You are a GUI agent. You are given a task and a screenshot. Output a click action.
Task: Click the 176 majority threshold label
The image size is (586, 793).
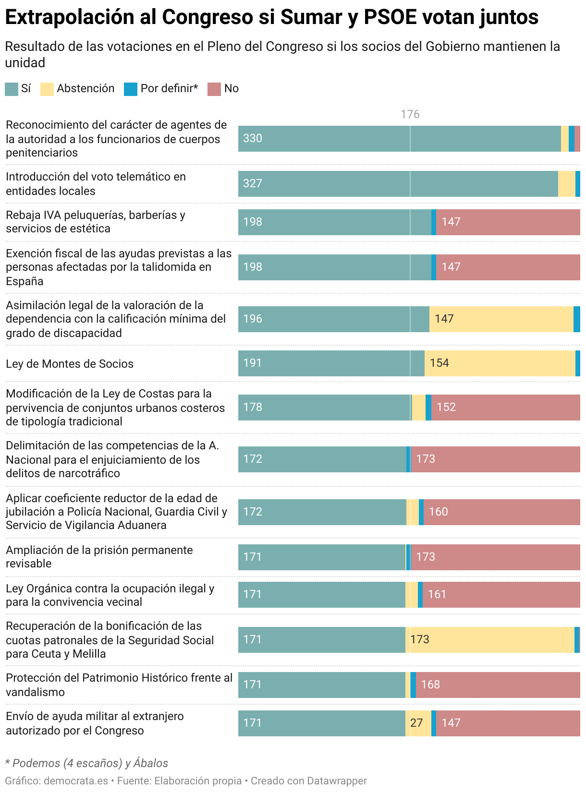click(x=410, y=114)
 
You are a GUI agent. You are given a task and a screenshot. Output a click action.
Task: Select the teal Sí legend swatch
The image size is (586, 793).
click(x=12, y=89)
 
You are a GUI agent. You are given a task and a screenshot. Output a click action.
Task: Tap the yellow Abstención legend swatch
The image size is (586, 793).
click(x=47, y=89)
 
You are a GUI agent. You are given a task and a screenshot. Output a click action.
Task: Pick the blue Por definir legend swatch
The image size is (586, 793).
click(x=131, y=89)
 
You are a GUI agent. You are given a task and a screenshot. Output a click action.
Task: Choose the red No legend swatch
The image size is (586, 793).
click(x=214, y=89)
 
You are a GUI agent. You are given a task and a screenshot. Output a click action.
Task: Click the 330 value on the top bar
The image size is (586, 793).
click(x=253, y=138)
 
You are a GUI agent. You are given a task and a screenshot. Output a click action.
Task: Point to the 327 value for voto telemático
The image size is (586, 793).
click(x=253, y=183)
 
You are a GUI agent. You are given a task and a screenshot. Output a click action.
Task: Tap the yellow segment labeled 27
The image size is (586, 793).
click(x=417, y=723)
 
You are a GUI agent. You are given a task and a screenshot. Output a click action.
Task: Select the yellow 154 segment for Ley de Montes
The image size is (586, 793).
click(x=500, y=363)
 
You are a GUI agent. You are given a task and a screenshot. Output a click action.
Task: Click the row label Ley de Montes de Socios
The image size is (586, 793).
click(x=70, y=364)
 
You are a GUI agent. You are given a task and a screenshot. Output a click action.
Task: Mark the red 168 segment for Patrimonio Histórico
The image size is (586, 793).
click(x=498, y=685)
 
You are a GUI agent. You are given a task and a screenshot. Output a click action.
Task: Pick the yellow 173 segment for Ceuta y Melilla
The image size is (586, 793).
click(x=490, y=639)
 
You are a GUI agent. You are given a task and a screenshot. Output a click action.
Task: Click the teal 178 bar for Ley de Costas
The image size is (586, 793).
click(x=324, y=407)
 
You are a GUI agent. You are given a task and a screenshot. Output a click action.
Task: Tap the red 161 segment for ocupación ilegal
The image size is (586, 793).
click(x=501, y=594)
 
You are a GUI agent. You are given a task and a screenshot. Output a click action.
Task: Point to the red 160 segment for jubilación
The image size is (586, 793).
click(x=501, y=512)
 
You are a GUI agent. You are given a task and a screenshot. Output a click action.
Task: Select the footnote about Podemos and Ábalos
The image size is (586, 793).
click(x=86, y=763)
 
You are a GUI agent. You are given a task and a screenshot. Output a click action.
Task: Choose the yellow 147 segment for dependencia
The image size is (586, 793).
click(x=501, y=319)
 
